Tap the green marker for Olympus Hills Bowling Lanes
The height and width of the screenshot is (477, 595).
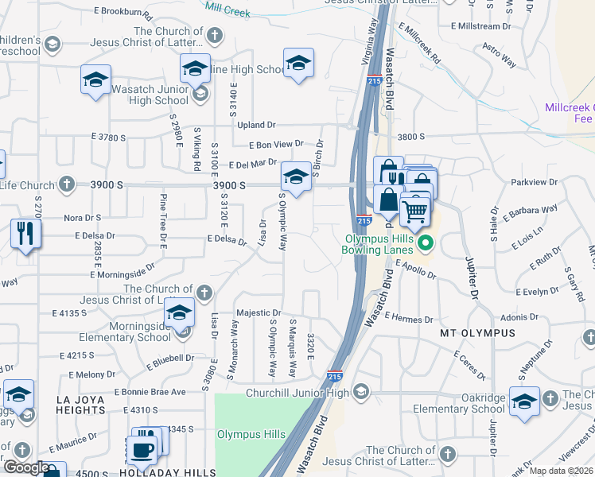click(425, 243)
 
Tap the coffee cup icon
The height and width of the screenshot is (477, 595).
click(142, 449)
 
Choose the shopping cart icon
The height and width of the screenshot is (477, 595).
click(414, 211)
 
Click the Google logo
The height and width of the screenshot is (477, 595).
click(26, 468)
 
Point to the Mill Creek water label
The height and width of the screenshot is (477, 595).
click(227, 11)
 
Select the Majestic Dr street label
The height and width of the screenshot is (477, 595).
click(259, 314)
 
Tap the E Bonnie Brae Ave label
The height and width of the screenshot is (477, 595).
click(150, 392)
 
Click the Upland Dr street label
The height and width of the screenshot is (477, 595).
click(255, 125)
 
